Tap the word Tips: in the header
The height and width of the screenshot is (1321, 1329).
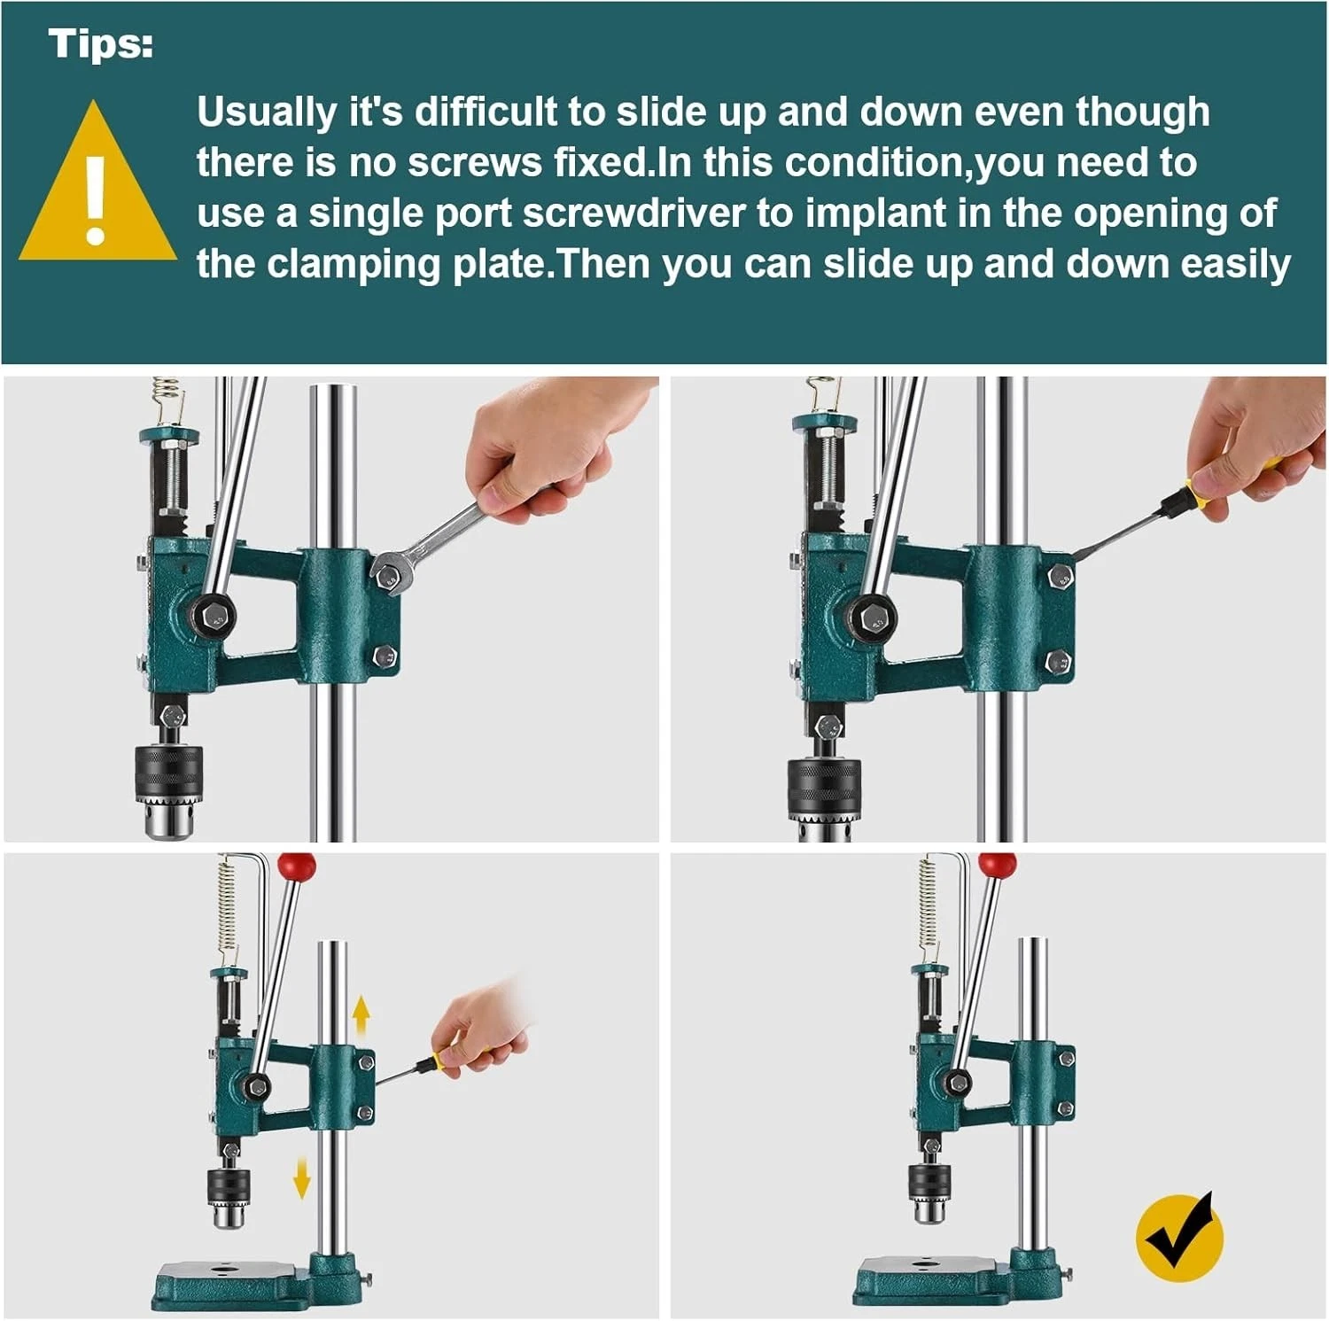tap(101, 44)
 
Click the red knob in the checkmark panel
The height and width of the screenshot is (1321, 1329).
tap(998, 864)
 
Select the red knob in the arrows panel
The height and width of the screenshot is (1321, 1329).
tap(296, 864)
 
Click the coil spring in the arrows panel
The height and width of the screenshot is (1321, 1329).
tap(228, 914)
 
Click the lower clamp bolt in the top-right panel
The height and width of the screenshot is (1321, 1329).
tap(1059, 661)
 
